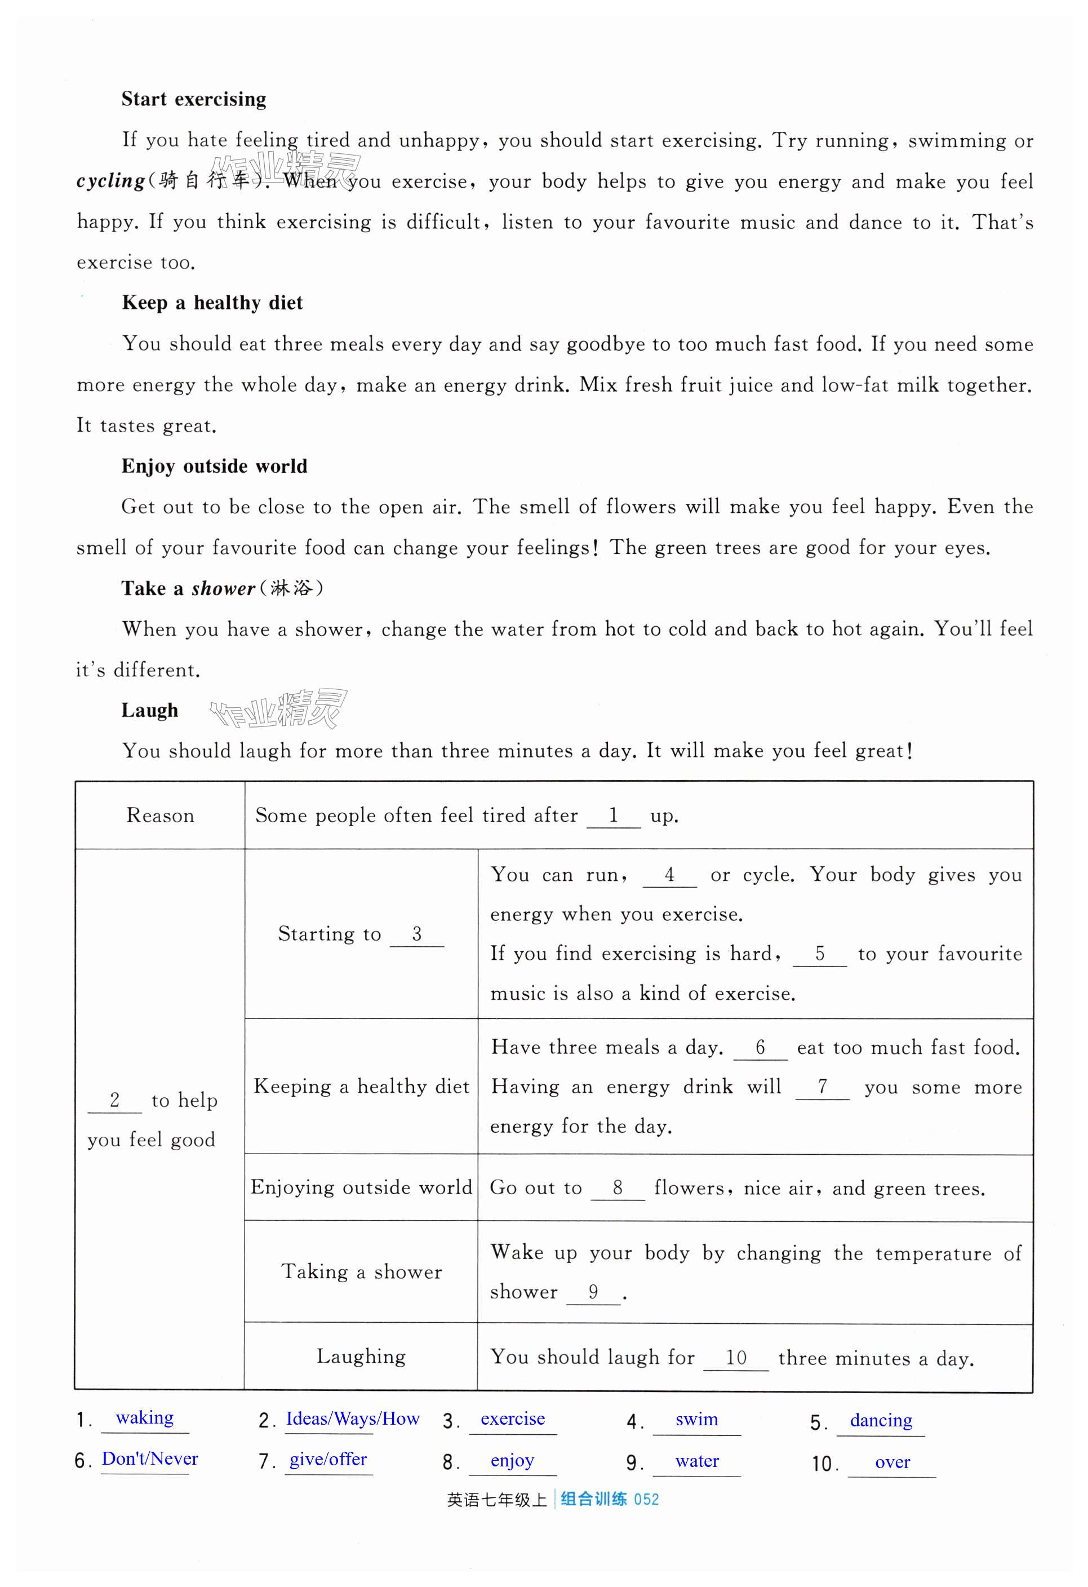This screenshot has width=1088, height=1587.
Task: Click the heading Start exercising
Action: point(194,100)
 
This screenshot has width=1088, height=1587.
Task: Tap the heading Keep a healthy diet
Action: point(212,303)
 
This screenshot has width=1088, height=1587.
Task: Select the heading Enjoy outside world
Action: point(214,467)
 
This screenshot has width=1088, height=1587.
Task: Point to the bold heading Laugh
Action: point(149,711)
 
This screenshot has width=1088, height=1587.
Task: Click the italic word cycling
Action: point(110,181)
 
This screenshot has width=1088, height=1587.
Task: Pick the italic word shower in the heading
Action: point(223,588)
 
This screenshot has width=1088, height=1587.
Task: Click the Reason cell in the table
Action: point(159,816)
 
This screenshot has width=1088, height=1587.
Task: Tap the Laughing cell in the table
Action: point(361,1356)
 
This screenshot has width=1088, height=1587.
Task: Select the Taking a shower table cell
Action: point(361,1271)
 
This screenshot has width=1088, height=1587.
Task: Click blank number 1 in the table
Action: point(613,815)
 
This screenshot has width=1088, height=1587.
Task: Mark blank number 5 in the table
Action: point(819,954)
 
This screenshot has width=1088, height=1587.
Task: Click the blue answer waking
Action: point(145,1417)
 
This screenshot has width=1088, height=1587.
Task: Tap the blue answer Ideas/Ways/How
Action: point(352,1419)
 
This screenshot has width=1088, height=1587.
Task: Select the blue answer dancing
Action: point(881,1420)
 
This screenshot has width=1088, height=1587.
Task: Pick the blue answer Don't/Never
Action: point(149,1459)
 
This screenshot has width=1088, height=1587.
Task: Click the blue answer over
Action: point(892,1462)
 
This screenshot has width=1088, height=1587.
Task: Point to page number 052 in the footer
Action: point(646,1500)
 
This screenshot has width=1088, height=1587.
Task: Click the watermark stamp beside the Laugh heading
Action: point(278,709)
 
